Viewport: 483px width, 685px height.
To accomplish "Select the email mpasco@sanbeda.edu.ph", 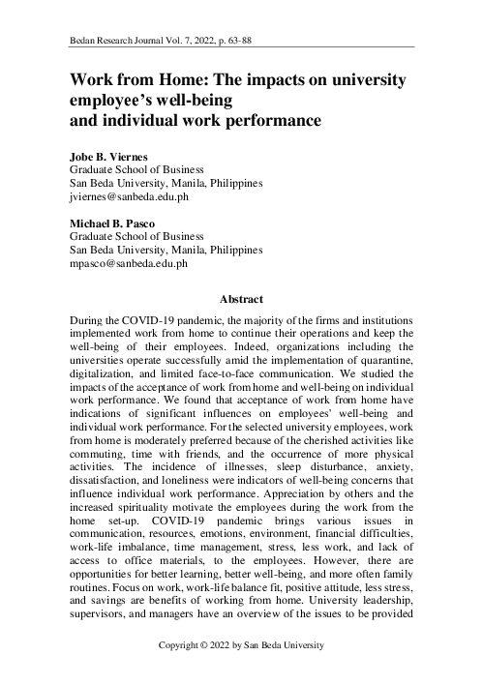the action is click(130, 263).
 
